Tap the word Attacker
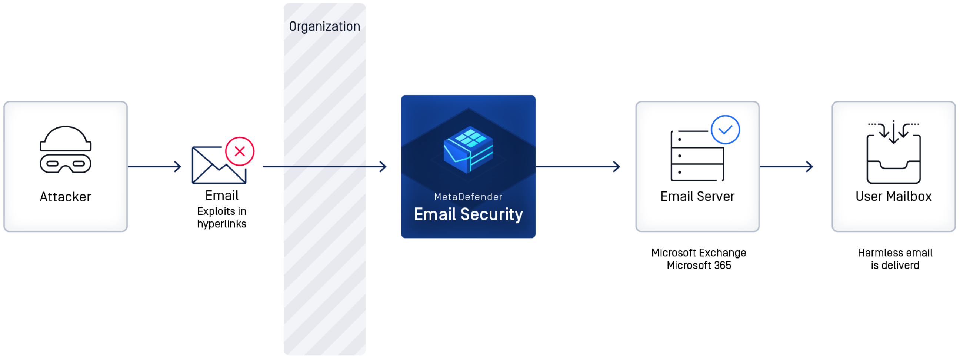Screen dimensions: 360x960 [x=65, y=197]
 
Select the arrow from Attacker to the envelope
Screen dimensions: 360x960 [x=155, y=166]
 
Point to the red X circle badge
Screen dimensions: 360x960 [x=240, y=151]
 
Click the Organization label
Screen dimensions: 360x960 [x=324, y=26]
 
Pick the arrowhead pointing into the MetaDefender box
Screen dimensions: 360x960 [x=383, y=166]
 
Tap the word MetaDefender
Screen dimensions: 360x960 [x=468, y=197]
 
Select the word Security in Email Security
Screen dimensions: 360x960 [x=491, y=214]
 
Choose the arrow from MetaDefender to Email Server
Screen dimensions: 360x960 [x=578, y=166]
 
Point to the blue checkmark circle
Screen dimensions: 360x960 [x=725, y=130]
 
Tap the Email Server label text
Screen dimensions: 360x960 [x=697, y=196]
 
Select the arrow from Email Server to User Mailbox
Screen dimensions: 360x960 [x=786, y=166]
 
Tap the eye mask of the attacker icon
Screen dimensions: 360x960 [x=66, y=164]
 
